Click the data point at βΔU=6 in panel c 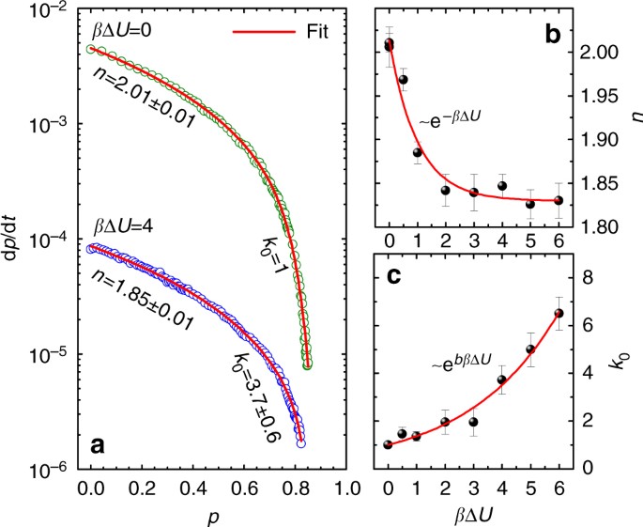559,314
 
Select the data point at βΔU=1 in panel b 417,152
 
